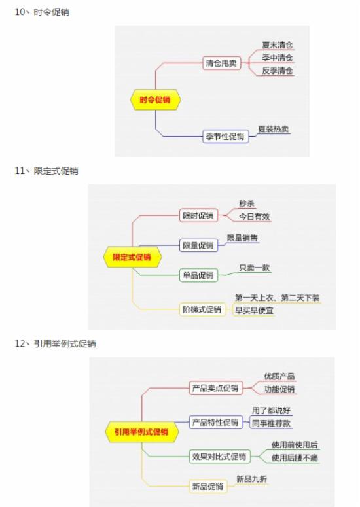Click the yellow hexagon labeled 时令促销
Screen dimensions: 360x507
[x=155, y=99]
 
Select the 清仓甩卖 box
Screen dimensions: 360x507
[x=221, y=63]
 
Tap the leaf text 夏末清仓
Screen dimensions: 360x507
[x=277, y=45]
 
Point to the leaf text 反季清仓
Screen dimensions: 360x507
[x=277, y=71]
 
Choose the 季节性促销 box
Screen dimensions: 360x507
[x=225, y=137]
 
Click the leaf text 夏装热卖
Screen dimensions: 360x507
[x=274, y=129]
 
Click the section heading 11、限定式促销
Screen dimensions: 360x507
[x=46, y=171]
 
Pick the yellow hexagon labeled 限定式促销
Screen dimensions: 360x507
[x=132, y=257]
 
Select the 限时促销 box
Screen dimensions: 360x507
[x=198, y=215]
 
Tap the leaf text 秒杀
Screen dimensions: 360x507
[x=247, y=203]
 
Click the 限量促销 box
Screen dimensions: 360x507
[x=198, y=245]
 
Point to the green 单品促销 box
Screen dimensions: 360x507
[x=198, y=275]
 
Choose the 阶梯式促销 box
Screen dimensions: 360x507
[x=202, y=309]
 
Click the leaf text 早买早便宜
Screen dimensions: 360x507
[x=254, y=310]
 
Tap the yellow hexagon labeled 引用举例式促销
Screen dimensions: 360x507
[x=141, y=432]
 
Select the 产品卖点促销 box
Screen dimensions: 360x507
[x=215, y=388]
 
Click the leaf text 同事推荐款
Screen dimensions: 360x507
[x=272, y=423]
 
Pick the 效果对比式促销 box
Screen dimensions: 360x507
[x=219, y=456]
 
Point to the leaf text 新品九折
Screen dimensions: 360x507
[x=251, y=479]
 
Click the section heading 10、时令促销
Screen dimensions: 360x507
[x=42, y=12]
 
